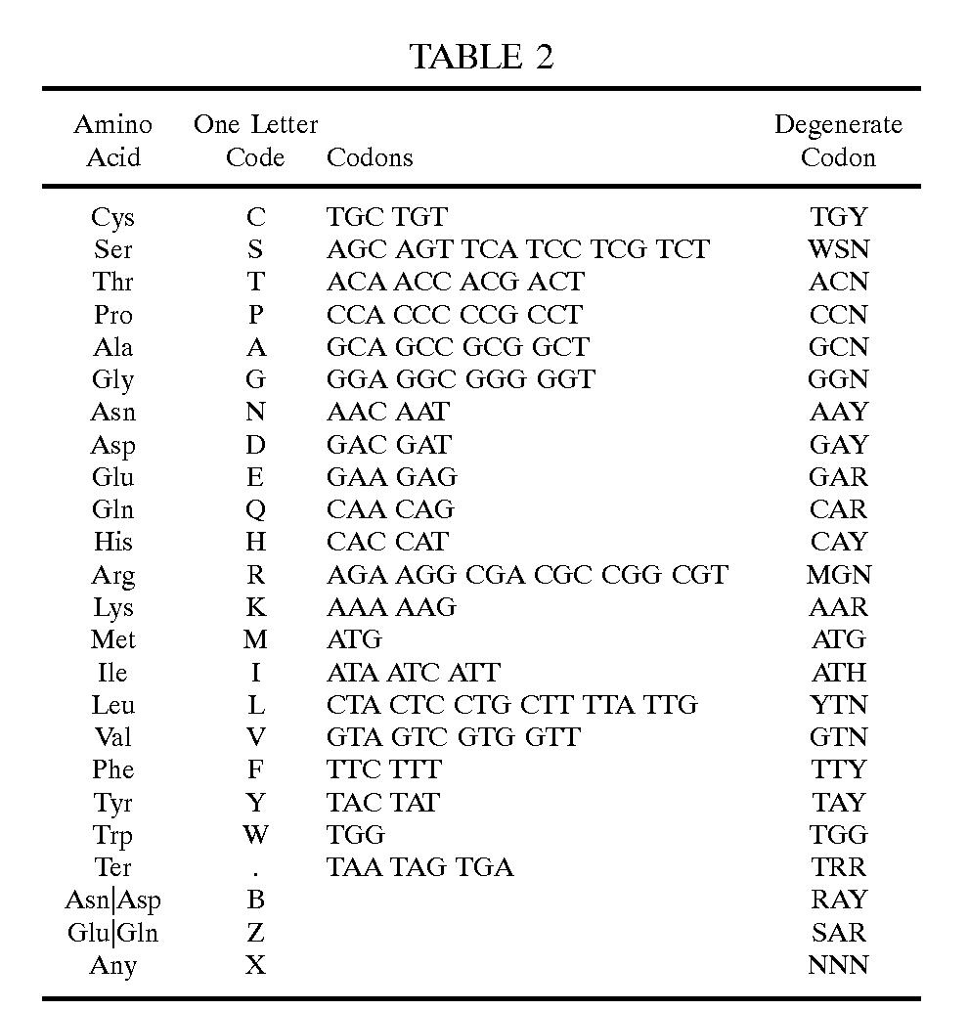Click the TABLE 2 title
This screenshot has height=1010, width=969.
pyautogui.click(x=481, y=57)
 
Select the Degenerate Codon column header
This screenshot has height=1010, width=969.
pyautogui.click(x=838, y=141)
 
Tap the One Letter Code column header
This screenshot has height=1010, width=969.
pyautogui.click(x=255, y=141)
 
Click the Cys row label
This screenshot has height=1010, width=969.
pyautogui.click(x=112, y=217)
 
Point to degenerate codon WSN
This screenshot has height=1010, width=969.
pyautogui.click(x=838, y=249)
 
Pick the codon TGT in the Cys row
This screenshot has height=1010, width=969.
pyautogui.click(x=421, y=217)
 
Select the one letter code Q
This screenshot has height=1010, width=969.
pyautogui.click(x=255, y=509)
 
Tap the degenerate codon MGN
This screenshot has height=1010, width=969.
pyautogui.click(x=838, y=575)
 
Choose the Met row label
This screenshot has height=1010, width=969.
pyautogui.click(x=112, y=639)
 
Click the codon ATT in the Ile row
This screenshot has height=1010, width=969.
pyautogui.click(x=474, y=673)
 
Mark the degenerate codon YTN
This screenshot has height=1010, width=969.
pyautogui.click(x=838, y=705)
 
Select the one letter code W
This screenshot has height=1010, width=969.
pyautogui.click(x=255, y=835)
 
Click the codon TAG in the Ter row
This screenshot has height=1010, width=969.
pyautogui.click(x=421, y=867)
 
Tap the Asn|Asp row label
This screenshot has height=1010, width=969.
pyautogui.click(x=112, y=900)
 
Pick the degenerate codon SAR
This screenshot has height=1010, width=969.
pyautogui.click(x=838, y=933)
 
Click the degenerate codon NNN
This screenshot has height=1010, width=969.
pyautogui.click(x=838, y=965)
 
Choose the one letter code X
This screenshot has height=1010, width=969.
pyautogui.click(x=255, y=965)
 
